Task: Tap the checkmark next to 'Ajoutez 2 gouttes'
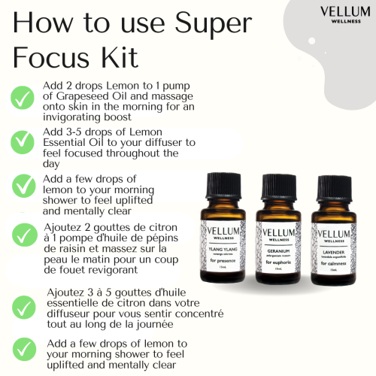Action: coord(23,232)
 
